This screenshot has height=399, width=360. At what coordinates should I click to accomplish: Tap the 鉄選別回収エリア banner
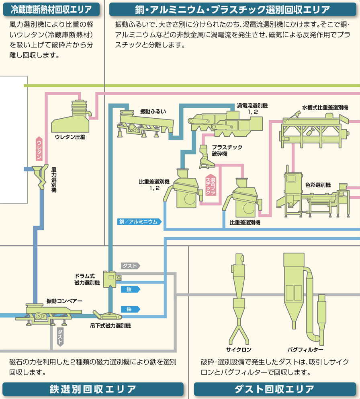tap(93, 389)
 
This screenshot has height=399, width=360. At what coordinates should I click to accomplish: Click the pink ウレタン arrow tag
tap(39, 148)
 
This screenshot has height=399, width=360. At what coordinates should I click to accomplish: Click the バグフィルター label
tap(305, 350)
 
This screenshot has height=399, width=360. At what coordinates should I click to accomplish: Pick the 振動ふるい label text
tap(153, 111)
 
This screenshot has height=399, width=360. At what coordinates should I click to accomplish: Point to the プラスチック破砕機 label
tap(227, 150)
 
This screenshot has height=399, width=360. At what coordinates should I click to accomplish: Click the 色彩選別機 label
tap(318, 185)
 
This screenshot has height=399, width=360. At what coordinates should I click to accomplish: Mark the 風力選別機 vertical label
tap(54, 180)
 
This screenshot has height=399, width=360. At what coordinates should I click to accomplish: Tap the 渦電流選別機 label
tap(252, 109)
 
